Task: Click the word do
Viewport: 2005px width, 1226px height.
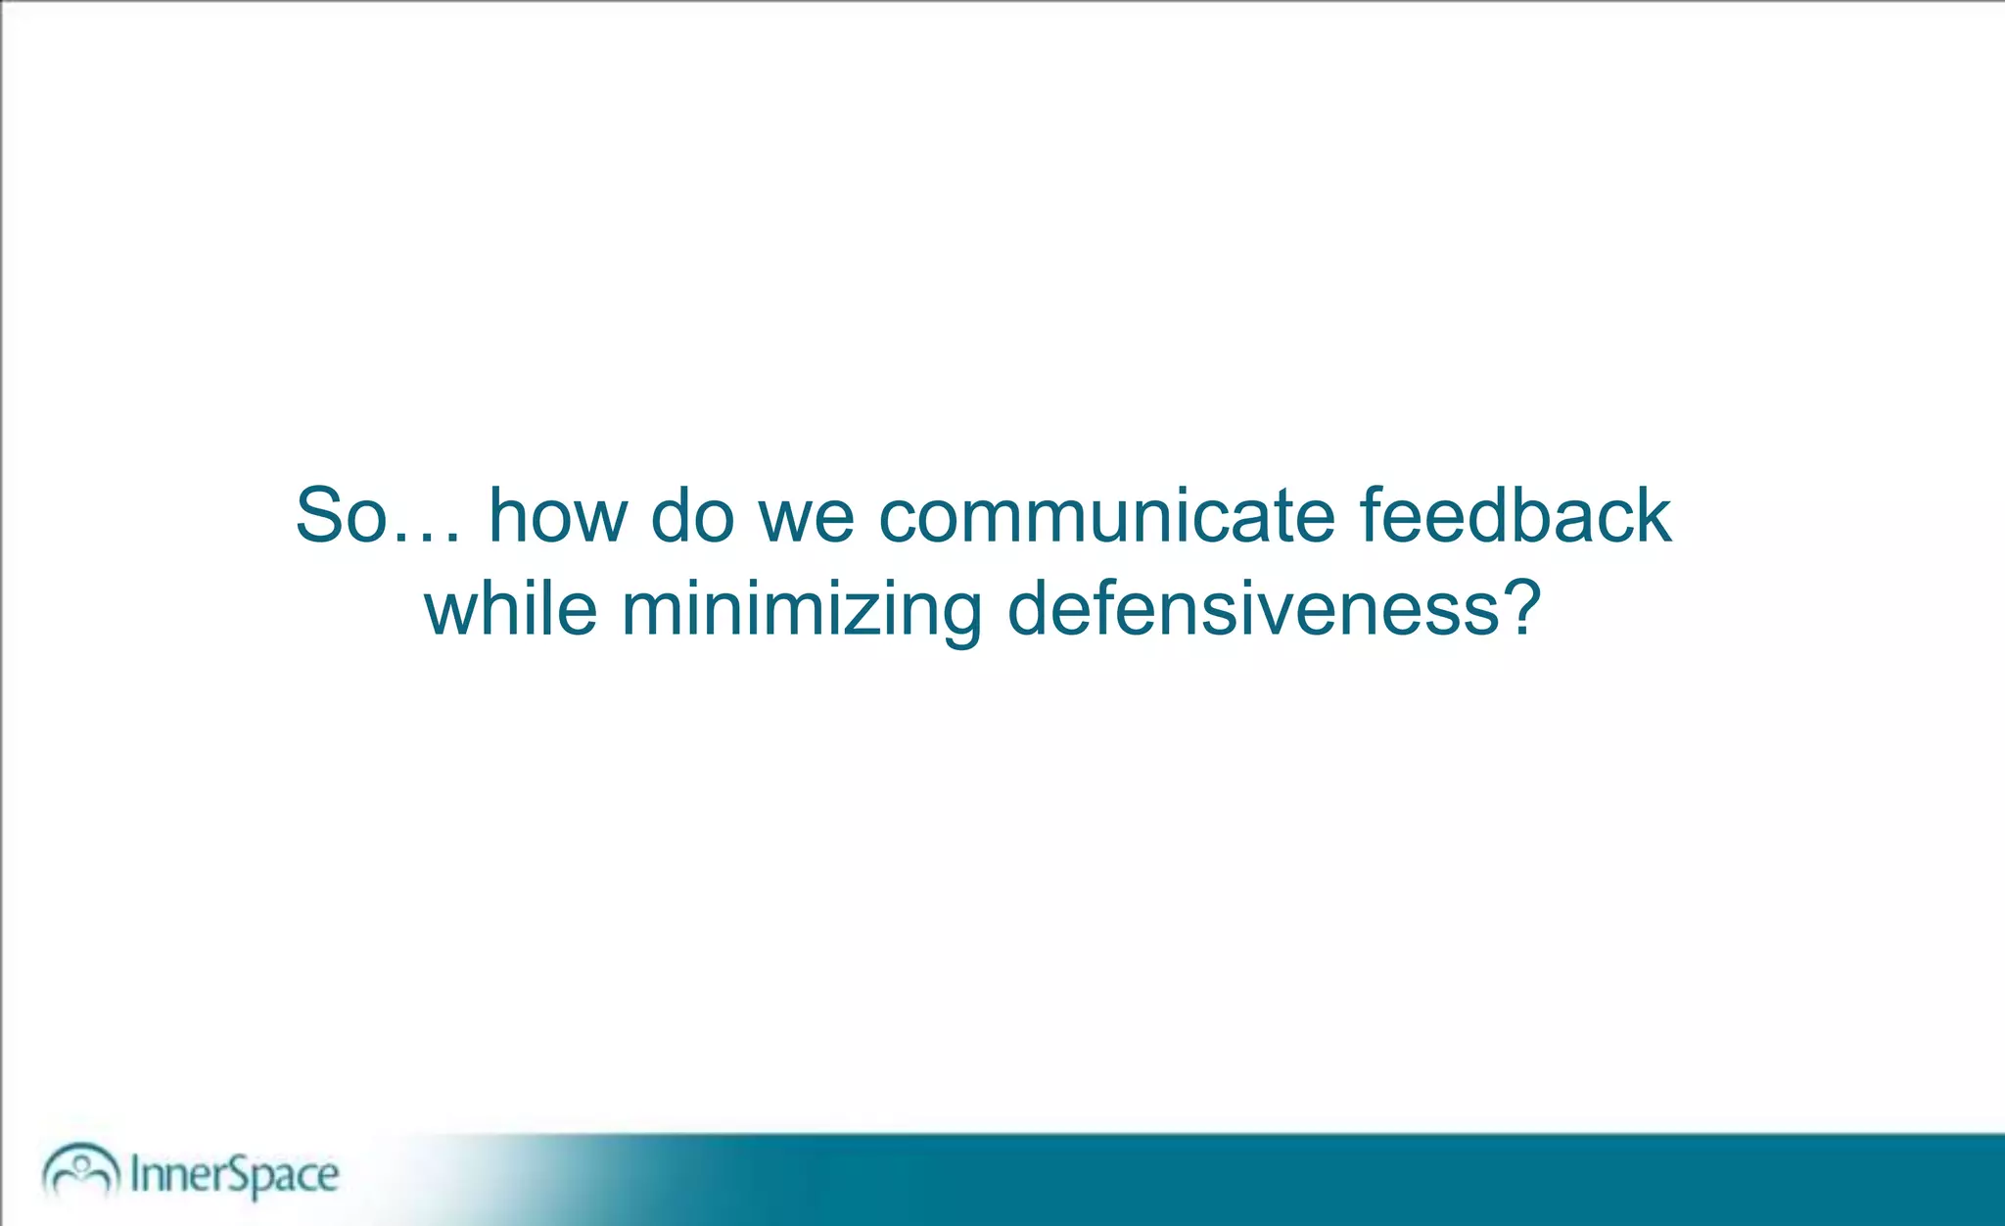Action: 692,516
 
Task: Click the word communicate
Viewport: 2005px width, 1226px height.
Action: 1106,516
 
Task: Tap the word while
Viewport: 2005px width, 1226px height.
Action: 510,609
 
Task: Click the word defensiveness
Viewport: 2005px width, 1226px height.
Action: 1253,609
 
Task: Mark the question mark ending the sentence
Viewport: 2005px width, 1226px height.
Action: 1521,607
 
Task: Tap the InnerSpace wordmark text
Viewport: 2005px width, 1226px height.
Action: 235,1174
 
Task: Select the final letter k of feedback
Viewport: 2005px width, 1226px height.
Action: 1651,516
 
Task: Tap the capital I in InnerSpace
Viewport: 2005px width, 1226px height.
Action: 135,1173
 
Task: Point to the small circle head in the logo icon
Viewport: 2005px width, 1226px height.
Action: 82,1162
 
